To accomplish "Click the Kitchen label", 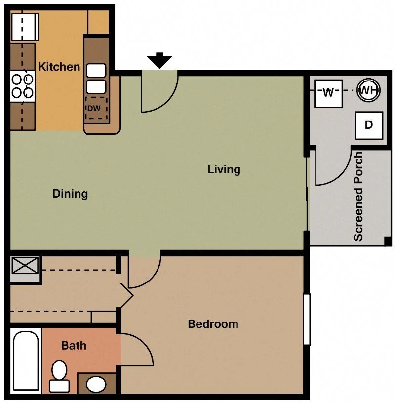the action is pyautogui.click(x=59, y=67).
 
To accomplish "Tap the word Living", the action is pyautogui.click(x=224, y=169).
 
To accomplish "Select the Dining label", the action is pyautogui.click(x=70, y=194).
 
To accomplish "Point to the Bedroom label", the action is pyautogui.click(x=213, y=324).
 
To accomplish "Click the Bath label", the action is pyautogui.click(x=74, y=346).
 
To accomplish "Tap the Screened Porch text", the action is pyautogui.click(x=358, y=196).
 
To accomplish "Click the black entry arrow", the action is pyautogui.click(x=159, y=60).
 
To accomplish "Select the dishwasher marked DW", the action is pyautogui.click(x=96, y=109).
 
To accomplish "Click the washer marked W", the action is pyautogui.click(x=328, y=93).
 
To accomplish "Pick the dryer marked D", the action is pyautogui.click(x=369, y=125).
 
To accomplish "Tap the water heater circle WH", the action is pyautogui.click(x=368, y=90).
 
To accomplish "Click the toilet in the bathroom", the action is pyautogui.click(x=59, y=376).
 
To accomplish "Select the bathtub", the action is pyautogui.click(x=26, y=361).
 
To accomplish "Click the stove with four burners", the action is pyautogui.click(x=23, y=86).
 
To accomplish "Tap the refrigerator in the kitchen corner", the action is pyautogui.click(x=25, y=27).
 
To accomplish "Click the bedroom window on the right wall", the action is pyautogui.click(x=307, y=319).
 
